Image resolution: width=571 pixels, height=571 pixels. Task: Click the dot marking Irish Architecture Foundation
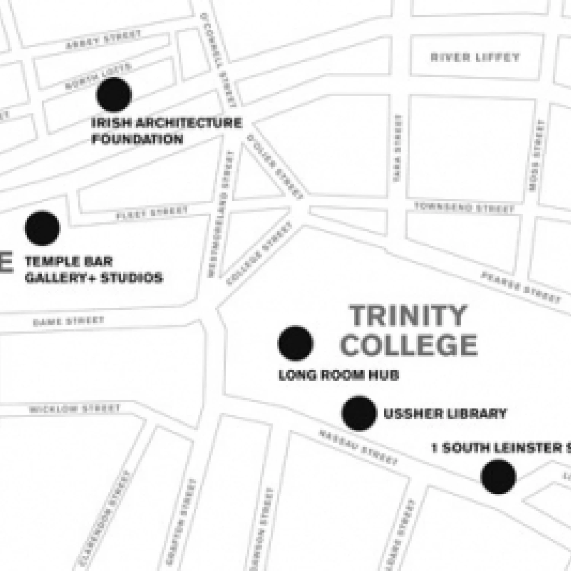pos(114,95)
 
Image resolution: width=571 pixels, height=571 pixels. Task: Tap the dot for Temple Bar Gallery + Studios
pos(42,228)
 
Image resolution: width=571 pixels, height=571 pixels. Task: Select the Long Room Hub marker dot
pos(295,343)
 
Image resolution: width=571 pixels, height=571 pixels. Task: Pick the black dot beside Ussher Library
pos(359,413)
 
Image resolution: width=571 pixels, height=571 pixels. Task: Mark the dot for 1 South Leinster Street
pos(498,477)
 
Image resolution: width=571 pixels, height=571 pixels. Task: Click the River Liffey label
pos(475,57)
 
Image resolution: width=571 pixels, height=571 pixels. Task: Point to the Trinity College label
pos(408,330)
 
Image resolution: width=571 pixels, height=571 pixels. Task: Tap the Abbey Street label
pos(103,40)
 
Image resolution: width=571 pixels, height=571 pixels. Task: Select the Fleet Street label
pos(152,213)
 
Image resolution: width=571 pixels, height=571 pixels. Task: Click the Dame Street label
pos(69,321)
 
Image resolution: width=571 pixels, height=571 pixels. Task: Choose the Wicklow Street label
pos(75,409)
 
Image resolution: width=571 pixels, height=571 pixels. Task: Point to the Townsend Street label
pos(464,208)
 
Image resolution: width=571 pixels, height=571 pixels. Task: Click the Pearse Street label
pos(522,287)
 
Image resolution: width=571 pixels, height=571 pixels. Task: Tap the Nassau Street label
pos(358,448)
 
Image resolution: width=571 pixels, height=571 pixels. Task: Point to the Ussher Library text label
pos(445,413)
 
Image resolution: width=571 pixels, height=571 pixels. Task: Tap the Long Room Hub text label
pos(339,375)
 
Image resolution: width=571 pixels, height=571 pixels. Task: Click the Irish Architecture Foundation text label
pos(166,131)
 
